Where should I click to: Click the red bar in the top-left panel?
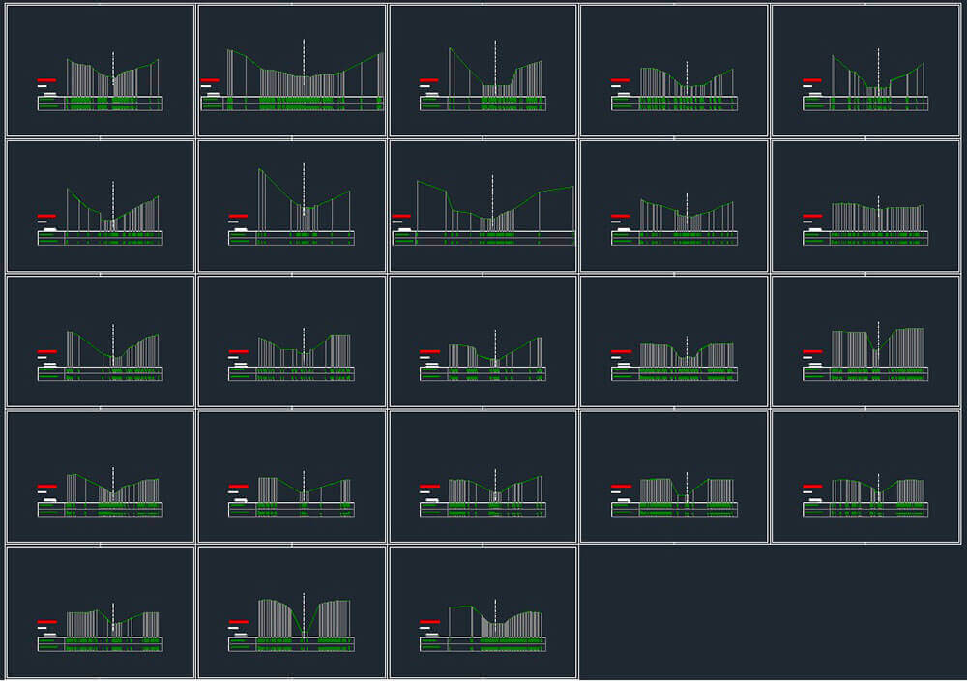click(46, 80)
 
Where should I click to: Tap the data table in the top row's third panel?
click(482, 104)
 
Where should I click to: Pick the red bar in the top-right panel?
click(812, 80)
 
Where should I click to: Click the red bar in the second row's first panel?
click(46, 216)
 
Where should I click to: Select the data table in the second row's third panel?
click(482, 238)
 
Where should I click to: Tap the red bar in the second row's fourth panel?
click(621, 216)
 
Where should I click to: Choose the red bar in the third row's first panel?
click(46, 351)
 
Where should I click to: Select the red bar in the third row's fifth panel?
click(812, 351)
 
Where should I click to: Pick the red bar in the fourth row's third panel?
click(429, 486)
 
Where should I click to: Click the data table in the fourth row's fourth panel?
click(673, 509)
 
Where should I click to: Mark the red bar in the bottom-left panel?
click(46, 621)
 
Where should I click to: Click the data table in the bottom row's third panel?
click(482, 644)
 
